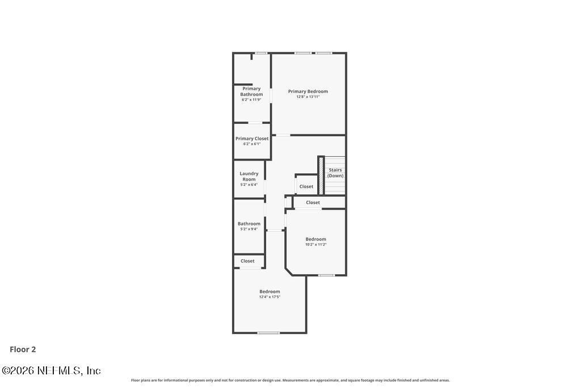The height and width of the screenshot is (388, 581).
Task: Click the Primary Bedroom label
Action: point(308,91)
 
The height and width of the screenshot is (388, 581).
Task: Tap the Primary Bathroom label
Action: point(251,91)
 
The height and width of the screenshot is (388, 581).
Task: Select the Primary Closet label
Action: point(252,138)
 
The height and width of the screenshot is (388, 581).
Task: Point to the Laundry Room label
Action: point(249,176)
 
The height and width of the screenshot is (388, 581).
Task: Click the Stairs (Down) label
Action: point(335,173)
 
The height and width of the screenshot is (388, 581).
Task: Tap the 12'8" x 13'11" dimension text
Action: point(308,97)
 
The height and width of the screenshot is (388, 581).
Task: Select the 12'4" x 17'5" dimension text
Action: point(270,297)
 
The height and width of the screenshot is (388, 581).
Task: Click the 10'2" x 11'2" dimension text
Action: point(315,244)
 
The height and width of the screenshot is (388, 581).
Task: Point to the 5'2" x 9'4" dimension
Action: point(249,229)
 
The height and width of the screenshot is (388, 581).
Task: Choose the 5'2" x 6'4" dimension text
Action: point(249,185)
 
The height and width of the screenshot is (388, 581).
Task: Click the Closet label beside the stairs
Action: point(306,186)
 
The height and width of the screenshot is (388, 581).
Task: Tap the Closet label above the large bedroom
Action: point(247,261)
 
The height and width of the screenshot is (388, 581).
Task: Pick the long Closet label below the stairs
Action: point(313,202)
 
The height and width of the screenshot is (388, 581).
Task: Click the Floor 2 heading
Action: point(23,349)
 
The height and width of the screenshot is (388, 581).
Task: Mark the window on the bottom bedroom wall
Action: point(268,333)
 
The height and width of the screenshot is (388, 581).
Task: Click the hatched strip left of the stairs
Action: point(321,176)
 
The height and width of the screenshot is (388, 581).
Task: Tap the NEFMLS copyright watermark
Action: point(51,370)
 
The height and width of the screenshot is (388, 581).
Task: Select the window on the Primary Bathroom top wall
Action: point(261,53)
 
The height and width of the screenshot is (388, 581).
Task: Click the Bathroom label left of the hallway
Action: point(249,223)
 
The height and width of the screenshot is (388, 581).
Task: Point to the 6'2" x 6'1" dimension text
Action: point(252,144)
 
